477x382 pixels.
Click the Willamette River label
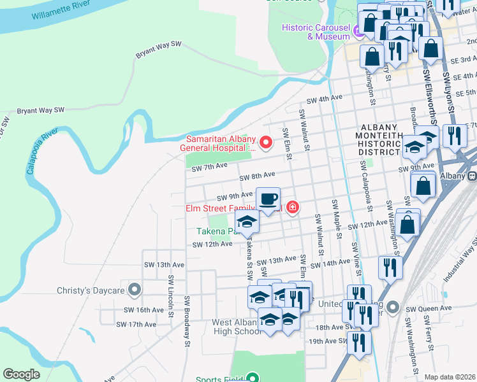60,13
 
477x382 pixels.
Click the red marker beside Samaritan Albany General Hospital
266,143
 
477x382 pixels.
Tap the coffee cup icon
268,199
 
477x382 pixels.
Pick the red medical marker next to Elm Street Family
292,208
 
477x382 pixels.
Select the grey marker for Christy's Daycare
134,290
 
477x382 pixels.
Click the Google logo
22,374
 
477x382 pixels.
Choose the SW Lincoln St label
171,297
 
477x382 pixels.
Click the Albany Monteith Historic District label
379,139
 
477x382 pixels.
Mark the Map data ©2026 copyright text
450,377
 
